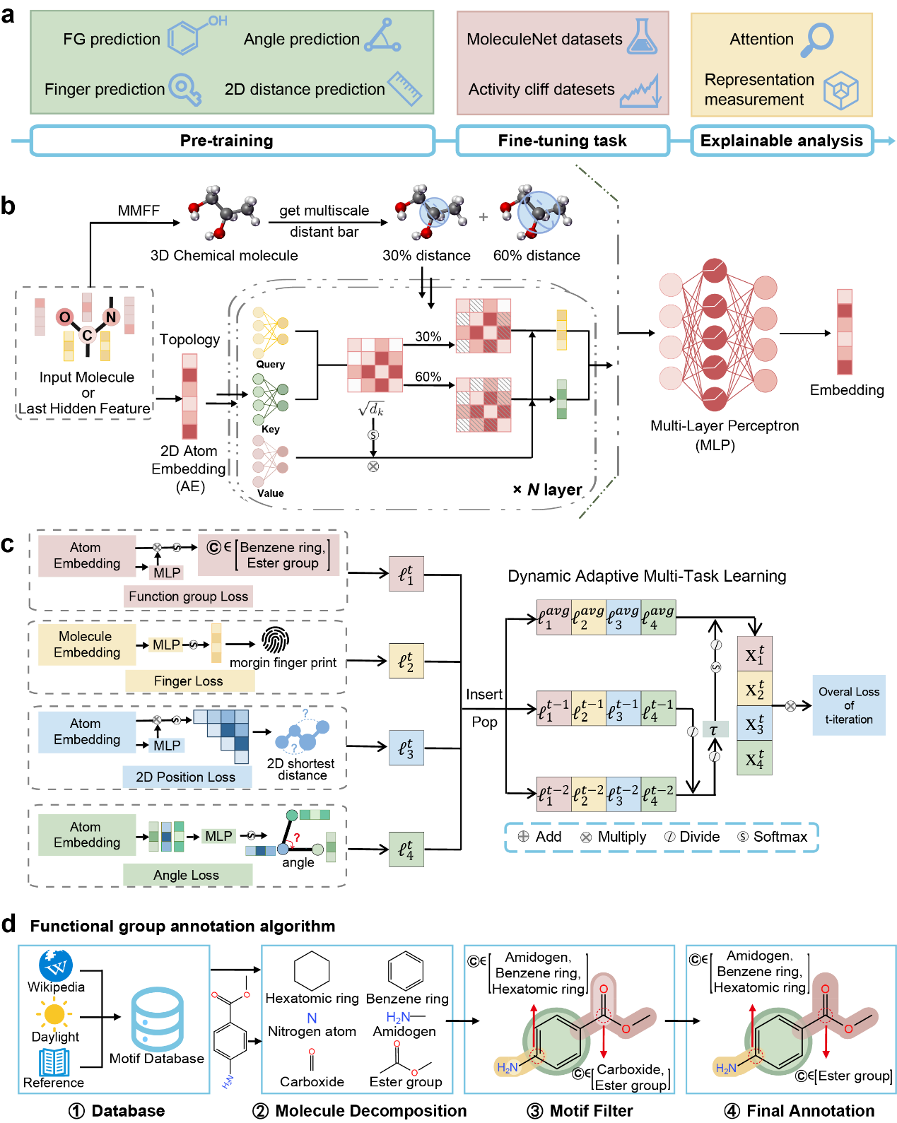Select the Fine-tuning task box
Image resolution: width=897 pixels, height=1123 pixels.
point(563,141)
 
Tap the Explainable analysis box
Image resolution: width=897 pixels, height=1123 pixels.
point(782,141)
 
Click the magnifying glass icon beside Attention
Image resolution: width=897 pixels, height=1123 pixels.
point(818,40)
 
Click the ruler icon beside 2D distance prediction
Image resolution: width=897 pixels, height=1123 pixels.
point(405,88)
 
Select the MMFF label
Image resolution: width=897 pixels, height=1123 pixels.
point(139,211)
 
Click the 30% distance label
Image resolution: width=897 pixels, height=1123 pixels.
point(426,256)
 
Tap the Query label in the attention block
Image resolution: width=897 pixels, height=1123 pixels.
point(271,365)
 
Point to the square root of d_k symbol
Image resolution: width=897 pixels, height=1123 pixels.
point(371,409)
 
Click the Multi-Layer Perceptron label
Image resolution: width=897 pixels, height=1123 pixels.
point(725,426)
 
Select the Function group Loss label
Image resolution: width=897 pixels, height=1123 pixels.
point(188,596)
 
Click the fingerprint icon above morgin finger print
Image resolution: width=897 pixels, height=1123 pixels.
point(275,640)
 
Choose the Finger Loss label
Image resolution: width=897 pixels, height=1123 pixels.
point(188,681)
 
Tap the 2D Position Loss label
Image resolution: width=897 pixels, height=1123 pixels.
point(186,777)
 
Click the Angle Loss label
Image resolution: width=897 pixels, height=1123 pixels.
point(187,875)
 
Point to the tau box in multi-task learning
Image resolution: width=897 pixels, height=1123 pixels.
point(715,730)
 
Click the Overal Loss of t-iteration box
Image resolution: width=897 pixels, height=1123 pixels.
point(849,705)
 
